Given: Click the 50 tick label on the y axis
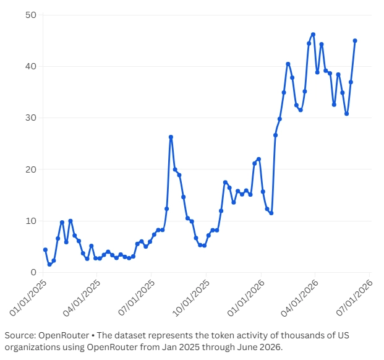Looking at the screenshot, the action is pyautogui.click(x=31, y=15).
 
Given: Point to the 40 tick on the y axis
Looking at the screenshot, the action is pyautogui.click(x=31, y=66).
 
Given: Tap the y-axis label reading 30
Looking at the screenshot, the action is pyautogui.click(x=31, y=118).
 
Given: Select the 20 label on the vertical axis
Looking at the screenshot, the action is pyautogui.click(x=31, y=169).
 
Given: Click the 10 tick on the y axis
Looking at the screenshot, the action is pyautogui.click(x=31, y=221).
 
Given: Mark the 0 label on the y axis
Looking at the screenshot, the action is pyautogui.click(x=33, y=272).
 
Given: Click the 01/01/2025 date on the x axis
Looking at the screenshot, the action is pyautogui.click(x=28, y=298).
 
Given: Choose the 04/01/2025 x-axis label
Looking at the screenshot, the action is pyautogui.click(x=82, y=298).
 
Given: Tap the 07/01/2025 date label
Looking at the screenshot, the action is pyautogui.click(x=137, y=298).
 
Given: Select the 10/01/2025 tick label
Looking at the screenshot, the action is pyautogui.click(x=191, y=298).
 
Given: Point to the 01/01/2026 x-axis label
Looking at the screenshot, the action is pyautogui.click(x=246, y=298).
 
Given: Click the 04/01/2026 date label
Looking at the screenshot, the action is pyautogui.click(x=300, y=298).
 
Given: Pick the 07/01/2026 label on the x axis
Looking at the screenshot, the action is pyautogui.click(x=354, y=298).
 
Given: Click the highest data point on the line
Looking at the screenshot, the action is pyautogui.click(x=313, y=35).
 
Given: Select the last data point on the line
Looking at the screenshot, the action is pyautogui.click(x=355, y=41).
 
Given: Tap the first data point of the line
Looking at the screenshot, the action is pyautogui.click(x=45, y=250).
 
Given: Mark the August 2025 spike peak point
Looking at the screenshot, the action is pyautogui.click(x=171, y=137).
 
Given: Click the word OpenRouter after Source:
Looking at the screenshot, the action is pyautogui.click(x=64, y=335).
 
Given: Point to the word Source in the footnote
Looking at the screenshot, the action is pyautogui.click(x=19, y=335).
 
